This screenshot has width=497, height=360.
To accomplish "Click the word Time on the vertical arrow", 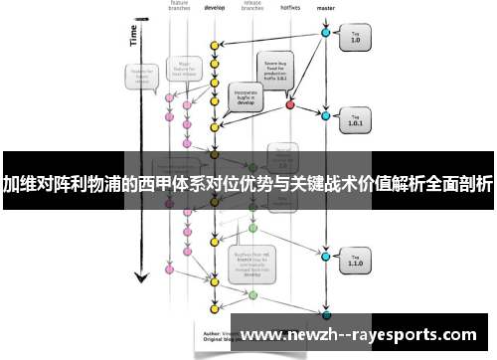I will (x=133, y=35).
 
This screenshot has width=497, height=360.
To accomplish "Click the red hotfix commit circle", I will (x=290, y=103).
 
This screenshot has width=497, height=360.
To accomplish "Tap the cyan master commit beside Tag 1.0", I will (x=325, y=33).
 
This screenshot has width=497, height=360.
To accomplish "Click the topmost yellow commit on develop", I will (x=214, y=46).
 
